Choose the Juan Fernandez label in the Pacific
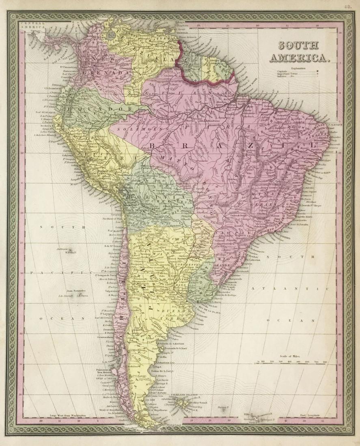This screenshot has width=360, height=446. (x=76, y=291)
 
